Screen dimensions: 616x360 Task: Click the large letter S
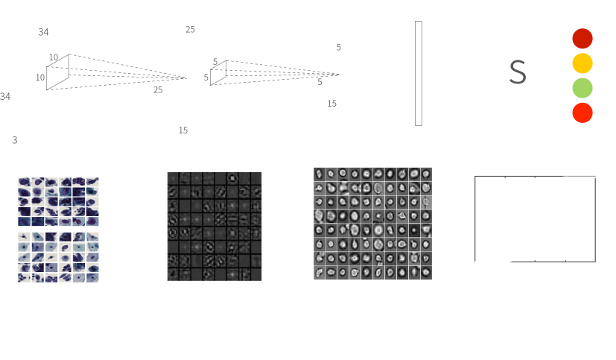518,72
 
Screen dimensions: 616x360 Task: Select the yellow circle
582,63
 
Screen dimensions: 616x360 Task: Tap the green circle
582,88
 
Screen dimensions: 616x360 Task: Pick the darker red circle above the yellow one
582,39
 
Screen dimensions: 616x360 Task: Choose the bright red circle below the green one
582,113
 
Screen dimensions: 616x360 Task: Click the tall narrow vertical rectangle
419,74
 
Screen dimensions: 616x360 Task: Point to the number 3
15,140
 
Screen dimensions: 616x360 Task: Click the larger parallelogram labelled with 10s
58,72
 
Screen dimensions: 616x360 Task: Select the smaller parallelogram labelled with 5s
218,73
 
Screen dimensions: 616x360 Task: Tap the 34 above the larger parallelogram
43,32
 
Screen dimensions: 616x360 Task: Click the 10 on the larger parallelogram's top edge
54,57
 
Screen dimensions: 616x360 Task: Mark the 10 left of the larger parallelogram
40,78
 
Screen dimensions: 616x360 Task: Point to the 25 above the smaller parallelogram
190,30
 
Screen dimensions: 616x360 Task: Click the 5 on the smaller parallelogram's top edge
215,62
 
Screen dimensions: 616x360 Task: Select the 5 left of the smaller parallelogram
206,78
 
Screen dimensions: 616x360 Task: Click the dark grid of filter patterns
215,227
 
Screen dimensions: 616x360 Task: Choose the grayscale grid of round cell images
373,224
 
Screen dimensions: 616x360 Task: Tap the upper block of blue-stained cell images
58,202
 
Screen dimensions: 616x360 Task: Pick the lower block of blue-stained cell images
58,257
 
